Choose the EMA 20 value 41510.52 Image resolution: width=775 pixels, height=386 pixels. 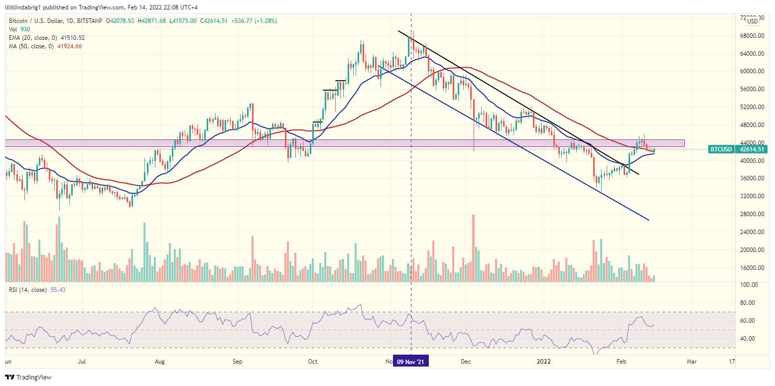71,38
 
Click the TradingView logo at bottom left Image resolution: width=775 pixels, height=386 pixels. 28,377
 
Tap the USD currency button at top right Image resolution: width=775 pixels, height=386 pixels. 752,21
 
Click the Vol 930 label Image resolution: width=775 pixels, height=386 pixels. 18,29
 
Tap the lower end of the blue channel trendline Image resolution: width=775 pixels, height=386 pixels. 649,220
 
